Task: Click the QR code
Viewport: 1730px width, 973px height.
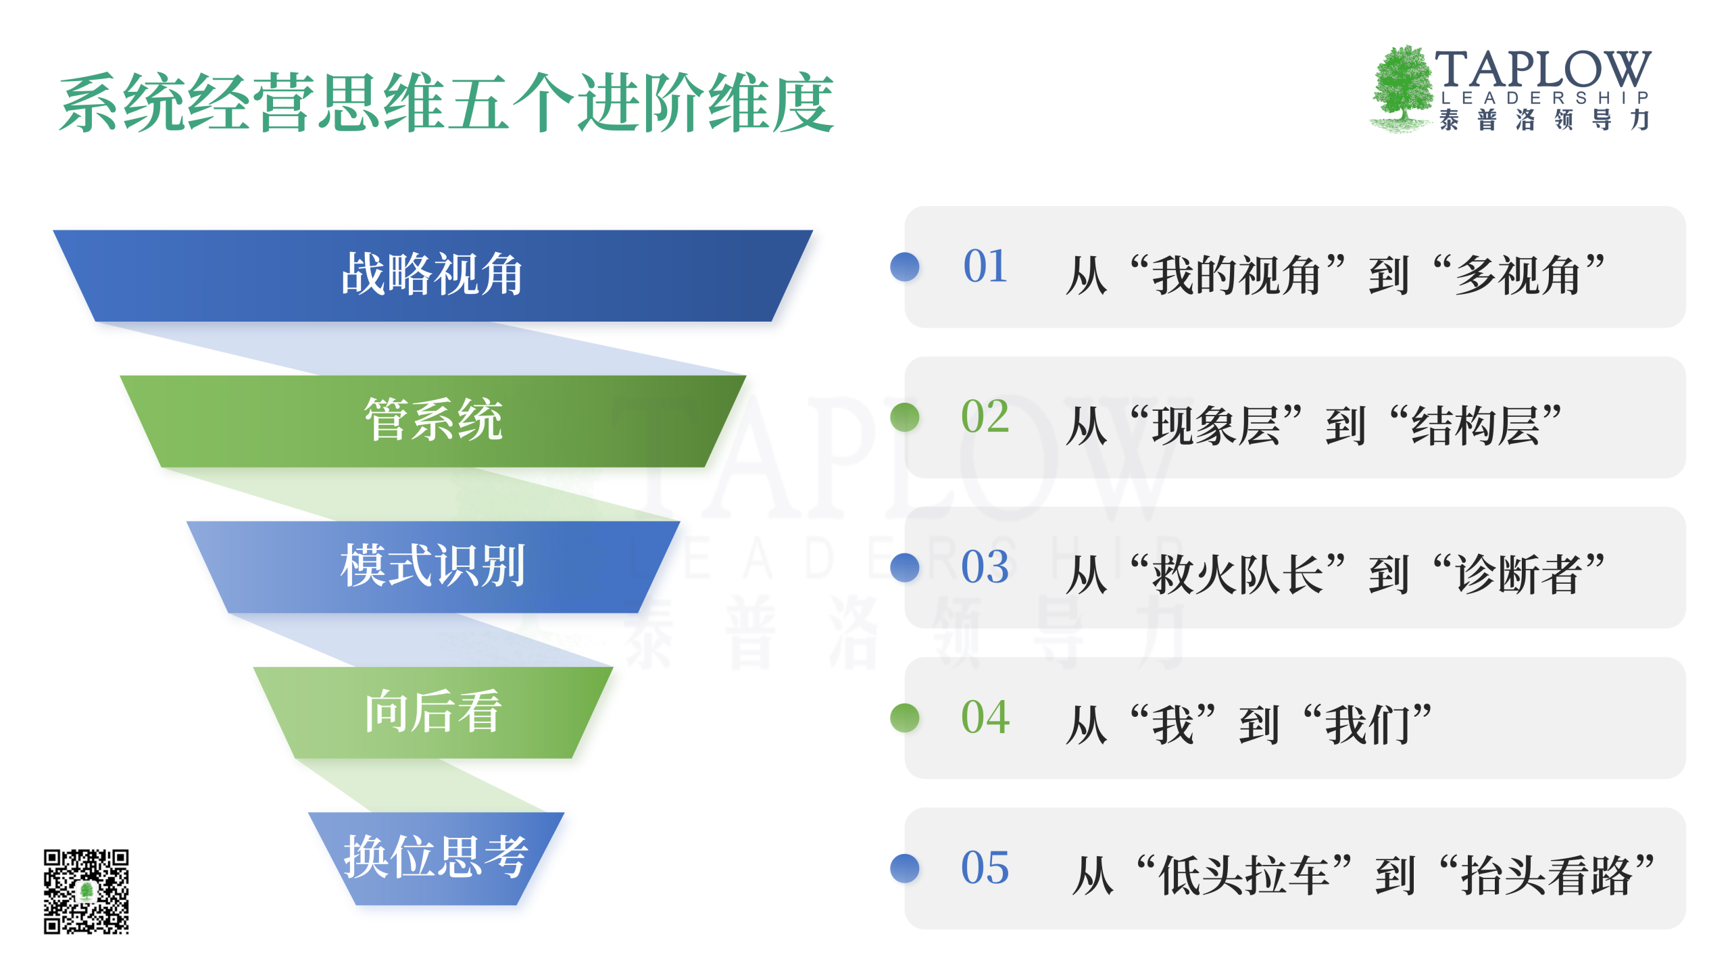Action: click(86, 892)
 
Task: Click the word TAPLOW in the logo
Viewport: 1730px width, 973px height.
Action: click(1543, 69)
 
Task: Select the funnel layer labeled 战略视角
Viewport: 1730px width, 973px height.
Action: click(432, 276)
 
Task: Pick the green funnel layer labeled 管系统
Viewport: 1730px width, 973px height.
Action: click(432, 421)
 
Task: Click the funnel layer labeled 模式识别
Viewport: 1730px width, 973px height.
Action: click(432, 567)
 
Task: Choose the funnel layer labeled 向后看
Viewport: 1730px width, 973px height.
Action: click(432, 712)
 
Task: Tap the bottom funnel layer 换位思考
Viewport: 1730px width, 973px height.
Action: click(436, 858)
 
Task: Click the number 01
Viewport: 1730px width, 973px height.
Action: click(985, 266)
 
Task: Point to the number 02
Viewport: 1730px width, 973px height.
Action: click(985, 416)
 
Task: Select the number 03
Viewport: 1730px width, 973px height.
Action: click(985, 567)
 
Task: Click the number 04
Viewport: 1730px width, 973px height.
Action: click(985, 718)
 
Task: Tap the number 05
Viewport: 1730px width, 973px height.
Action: click(985, 868)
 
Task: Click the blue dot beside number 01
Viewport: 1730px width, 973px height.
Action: click(905, 267)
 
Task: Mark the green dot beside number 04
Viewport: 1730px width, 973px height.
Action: click(905, 718)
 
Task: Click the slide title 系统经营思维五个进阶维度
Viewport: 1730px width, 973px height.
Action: click(446, 103)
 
